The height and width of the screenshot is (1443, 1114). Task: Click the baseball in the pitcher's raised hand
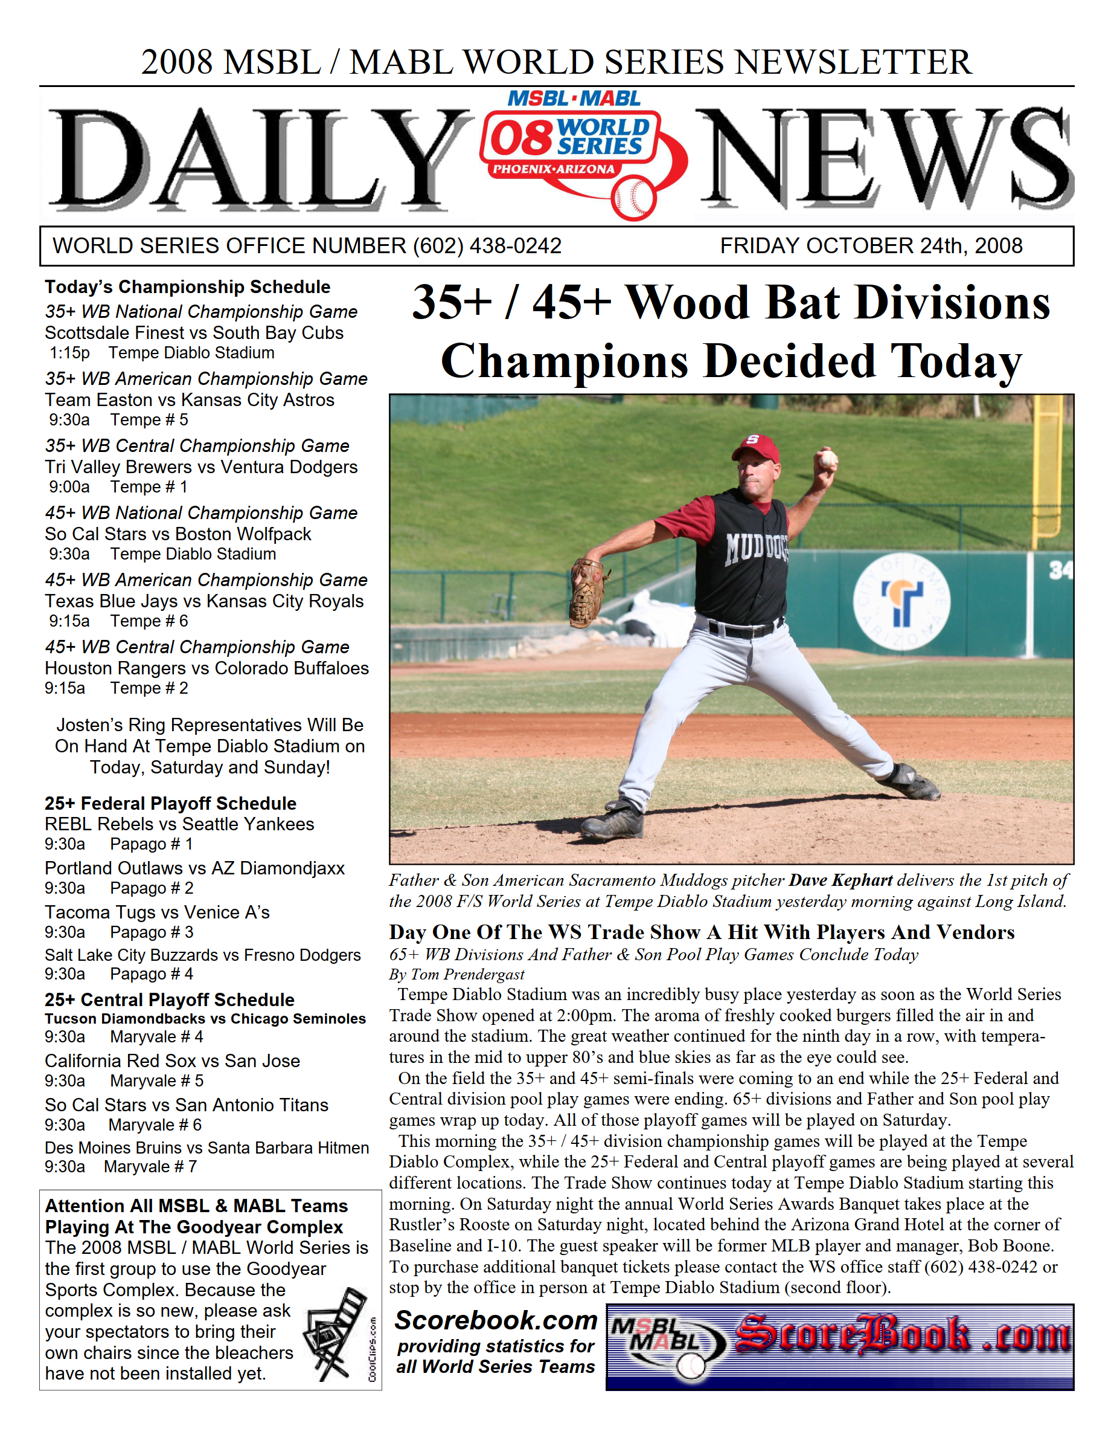(x=827, y=459)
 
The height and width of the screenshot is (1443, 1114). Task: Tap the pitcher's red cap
(x=756, y=450)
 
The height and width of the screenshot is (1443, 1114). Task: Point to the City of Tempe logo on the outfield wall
(x=901, y=601)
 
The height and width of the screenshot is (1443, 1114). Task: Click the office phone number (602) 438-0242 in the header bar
(x=487, y=246)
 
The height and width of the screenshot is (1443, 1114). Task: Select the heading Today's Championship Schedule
(x=188, y=287)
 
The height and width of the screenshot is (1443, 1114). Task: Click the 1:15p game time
(x=69, y=353)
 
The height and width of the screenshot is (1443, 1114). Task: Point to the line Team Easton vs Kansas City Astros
(x=190, y=400)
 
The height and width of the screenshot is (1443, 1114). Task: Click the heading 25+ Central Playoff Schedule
(x=170, y=999)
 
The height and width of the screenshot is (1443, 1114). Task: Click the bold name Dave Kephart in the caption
(x=840, y=880)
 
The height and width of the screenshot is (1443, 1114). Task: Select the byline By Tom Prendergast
(x=456, y=974)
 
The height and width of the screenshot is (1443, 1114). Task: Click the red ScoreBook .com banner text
(x=901, y=1335)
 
